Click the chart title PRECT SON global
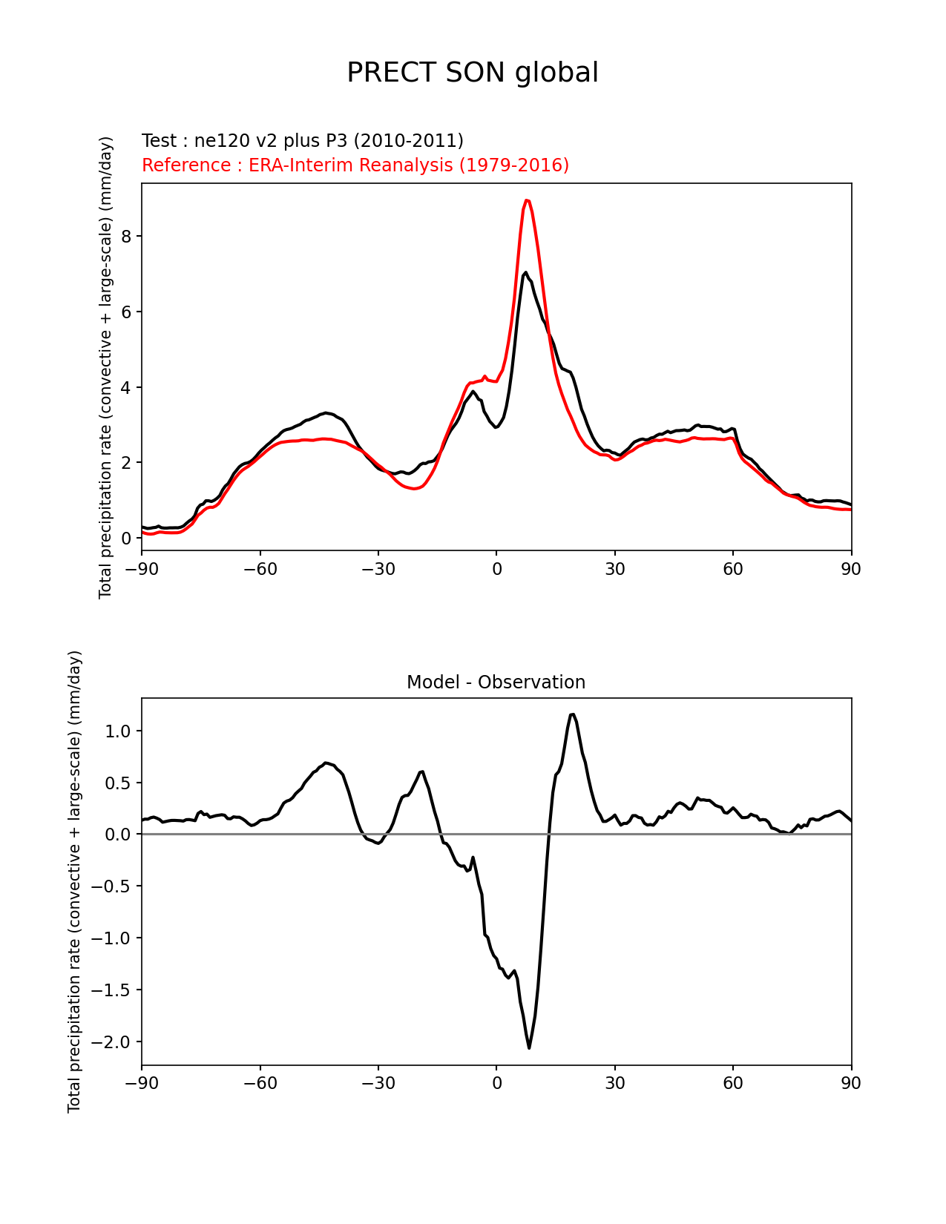tap(473, 73)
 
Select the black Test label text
tap(303, 141)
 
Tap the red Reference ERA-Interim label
tap(355, 165)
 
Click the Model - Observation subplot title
tap(496, 682)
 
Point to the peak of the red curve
tap(526, 200)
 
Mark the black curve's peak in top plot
tap(525, 273)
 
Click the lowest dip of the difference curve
tap(529, 1047)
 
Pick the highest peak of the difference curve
tap(572, 714)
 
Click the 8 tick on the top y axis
tap(128, 236)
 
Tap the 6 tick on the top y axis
tap(128, 312)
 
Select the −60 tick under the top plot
tap(260, 569)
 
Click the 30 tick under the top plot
tap(614, 569)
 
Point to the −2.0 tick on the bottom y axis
tap(111, 1042)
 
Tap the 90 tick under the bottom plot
tap(851, 1083)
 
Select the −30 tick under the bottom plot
tap(378, 1083)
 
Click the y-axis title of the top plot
tap(106, 367)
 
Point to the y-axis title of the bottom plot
tap(74, 881)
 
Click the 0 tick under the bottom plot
tap(496, 1083)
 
